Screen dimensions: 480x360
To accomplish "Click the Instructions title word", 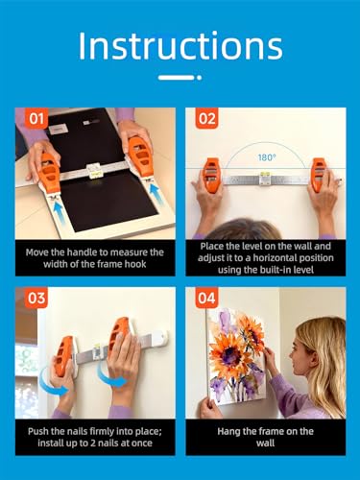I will point(180,44).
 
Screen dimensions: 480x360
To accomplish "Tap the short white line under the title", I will point(180,77).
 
